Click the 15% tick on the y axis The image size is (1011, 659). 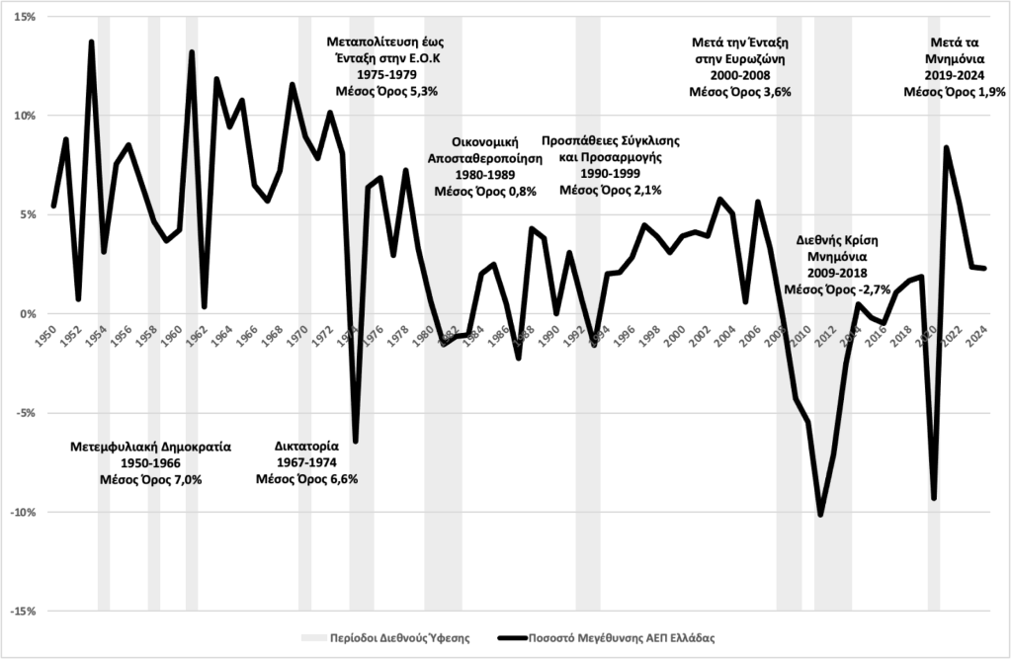tap(23, 17)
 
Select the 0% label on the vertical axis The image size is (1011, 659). tap(26, 314)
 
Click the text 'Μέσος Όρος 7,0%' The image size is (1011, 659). tap(150, 479)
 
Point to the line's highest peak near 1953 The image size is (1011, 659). tap(91, 41)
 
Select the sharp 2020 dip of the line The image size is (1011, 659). tap(934, 498)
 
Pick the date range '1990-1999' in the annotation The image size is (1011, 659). tap(610, 173)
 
